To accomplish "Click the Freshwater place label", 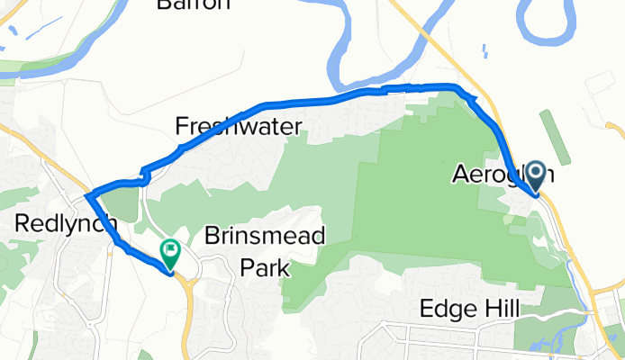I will pos(238,126).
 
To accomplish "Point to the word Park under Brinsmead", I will pos(265,267).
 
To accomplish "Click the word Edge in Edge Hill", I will pos(446,309).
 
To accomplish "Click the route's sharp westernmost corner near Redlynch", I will pos(86,195).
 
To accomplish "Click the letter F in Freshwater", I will pos(182,126).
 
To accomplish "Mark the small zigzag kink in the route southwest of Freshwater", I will pos(143,172).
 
